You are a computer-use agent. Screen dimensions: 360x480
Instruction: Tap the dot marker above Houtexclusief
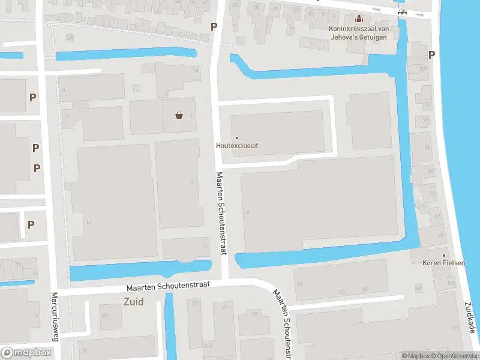click(x=236, y=138)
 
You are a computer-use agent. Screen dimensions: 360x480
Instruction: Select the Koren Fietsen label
click(x=444, y=262)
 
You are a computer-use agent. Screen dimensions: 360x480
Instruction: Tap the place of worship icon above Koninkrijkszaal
click(x=359, y=18)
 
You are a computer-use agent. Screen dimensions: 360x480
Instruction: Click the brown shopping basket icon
click(x=179, y=115)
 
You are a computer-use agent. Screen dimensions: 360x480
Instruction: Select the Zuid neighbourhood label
click(x=133, y=302)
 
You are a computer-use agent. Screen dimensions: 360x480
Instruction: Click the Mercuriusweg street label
click(x=54, y=316)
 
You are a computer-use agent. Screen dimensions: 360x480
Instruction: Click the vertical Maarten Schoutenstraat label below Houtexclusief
click(x=220, y=213)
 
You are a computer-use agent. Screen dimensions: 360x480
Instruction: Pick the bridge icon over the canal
click(x=402, y=13)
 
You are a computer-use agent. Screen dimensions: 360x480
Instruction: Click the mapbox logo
click(x=26, y=353)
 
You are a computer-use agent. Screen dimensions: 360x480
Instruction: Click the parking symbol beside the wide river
click(x=431, y=55)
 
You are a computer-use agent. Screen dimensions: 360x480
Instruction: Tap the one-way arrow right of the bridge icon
click(x=419, y=14)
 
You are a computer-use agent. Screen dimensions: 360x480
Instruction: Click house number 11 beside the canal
click(x=205, y=247)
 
